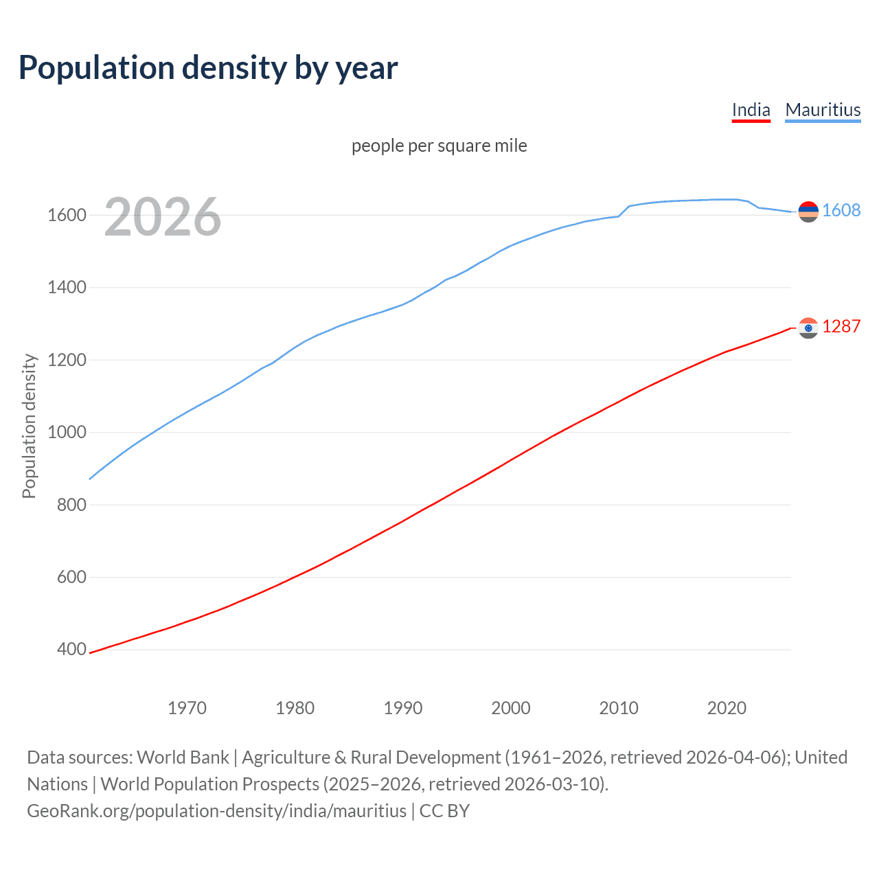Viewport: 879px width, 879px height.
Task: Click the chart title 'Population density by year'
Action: click(208, 68)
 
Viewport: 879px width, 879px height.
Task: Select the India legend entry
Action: click(751, 110)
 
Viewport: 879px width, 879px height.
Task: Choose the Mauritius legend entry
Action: click(823, 110)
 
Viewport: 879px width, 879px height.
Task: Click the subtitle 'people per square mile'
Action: click(439, 146)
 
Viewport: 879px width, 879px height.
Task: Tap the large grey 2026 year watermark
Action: click(163, 218)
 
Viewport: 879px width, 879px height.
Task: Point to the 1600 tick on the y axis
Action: click(67, 216)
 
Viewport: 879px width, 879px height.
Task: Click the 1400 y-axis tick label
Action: click(67, 288)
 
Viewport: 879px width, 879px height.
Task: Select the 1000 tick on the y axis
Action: click(67, 433)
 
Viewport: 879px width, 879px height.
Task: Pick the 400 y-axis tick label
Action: click(71, 650)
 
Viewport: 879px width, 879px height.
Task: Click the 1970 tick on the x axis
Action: click(187, 708)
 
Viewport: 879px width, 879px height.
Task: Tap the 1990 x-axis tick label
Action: click(403, 708)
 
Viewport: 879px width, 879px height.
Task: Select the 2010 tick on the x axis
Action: click(619, 708)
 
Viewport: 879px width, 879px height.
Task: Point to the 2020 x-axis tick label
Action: click(727, 708)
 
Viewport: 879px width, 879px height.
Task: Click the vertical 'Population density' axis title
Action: click(29, 426)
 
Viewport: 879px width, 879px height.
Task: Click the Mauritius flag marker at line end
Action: click(808, 212)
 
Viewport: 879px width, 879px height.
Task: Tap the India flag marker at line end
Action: click(808, 328)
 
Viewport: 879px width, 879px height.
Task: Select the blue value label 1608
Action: click(841, 211)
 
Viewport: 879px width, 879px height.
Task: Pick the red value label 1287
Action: click(841, 327)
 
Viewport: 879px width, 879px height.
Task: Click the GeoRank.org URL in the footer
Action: click(216, 811)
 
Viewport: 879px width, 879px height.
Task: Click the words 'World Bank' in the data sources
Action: click(183, 757)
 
